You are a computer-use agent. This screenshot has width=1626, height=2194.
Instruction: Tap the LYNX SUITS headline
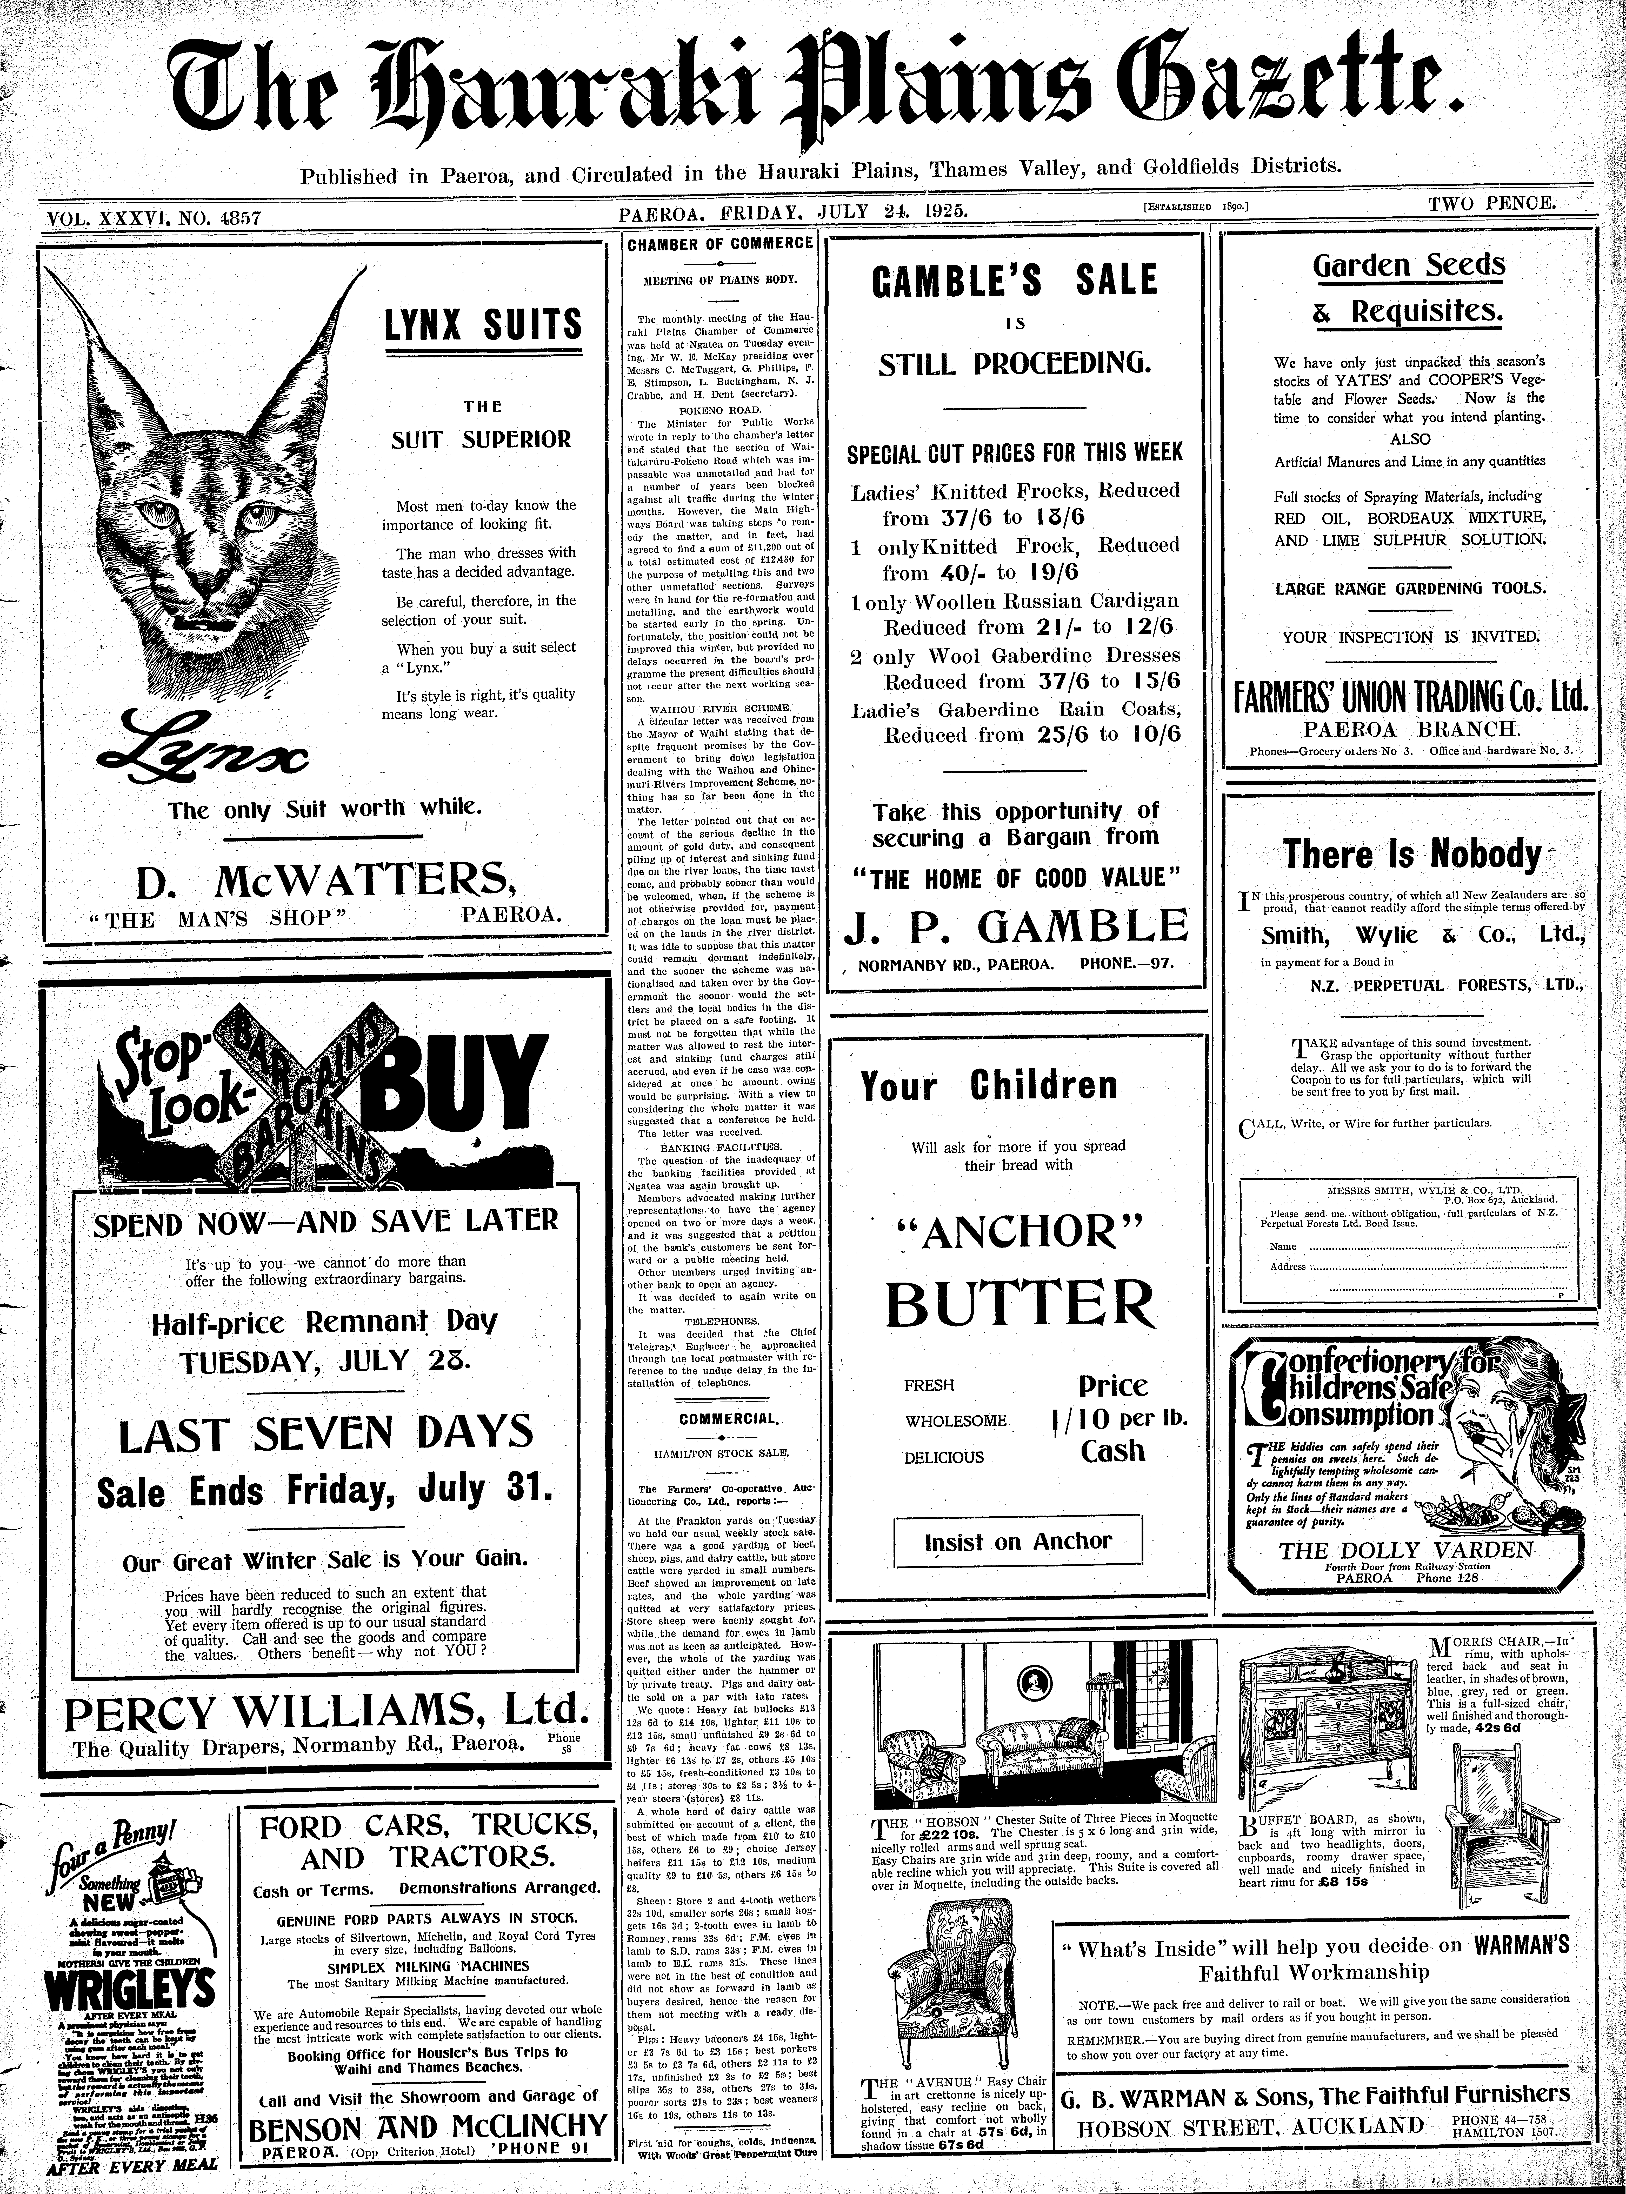[x=482, y=325]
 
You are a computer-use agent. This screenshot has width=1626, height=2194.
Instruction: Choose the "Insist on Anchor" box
[x=1018, y=1542]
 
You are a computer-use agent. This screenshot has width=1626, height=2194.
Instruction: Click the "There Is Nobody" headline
[x=1411, y=852]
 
